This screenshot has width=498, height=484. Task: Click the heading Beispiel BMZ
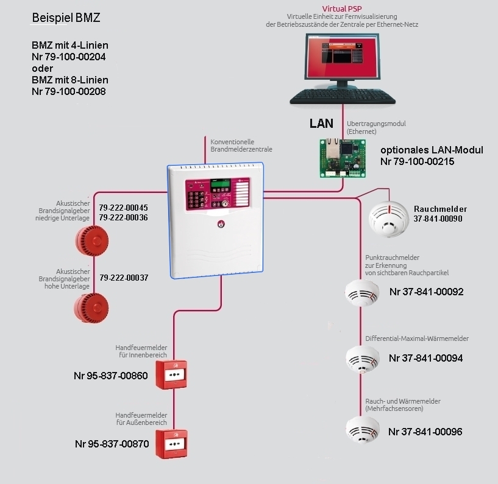tap(66, 18)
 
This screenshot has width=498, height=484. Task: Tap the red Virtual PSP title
tap(343, 7)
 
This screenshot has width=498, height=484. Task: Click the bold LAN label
tap(321, 123)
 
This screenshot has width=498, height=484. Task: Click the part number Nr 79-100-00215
tap(417, 162)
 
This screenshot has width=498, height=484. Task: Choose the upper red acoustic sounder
tap(91, 239)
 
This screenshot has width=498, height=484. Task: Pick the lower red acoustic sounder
tap(91, 307)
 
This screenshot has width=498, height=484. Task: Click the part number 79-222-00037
tap(124, 278)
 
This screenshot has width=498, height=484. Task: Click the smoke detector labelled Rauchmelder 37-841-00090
tap(391, 218)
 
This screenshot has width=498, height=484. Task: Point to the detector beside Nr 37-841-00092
tap(362, 293)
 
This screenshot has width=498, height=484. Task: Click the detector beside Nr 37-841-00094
tap(362, 359)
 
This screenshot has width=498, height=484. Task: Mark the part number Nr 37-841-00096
tap(425, 432)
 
